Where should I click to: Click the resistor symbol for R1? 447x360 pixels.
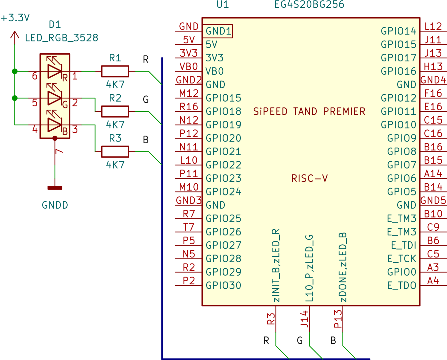coord(115,72)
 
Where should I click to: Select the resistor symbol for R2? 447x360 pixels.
coord(115,111)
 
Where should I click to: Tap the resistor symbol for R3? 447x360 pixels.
coord(115,152)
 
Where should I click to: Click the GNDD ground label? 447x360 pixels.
coord(55,205)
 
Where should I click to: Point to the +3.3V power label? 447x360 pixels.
coord(15,18)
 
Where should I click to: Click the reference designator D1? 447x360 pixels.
coord(55,25)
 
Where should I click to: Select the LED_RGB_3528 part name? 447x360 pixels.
coord(61,38)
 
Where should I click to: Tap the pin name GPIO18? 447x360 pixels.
coord(223,111)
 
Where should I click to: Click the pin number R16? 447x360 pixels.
coord(189,107)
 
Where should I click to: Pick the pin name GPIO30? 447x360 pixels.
coord(223,285)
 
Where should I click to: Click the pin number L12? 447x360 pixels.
coord(433,26)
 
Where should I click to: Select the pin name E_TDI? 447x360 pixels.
coord(403,245)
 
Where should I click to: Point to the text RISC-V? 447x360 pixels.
coord(309,179)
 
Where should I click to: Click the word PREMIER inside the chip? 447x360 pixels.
coord(344,111)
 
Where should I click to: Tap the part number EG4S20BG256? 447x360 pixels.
coord(309,5)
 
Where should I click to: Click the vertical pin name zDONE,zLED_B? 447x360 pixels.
coord(343,267)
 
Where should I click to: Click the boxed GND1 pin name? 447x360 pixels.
coord(218,31)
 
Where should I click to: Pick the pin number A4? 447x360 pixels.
coord(433,281)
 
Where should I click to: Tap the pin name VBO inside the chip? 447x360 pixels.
coord(215,71)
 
